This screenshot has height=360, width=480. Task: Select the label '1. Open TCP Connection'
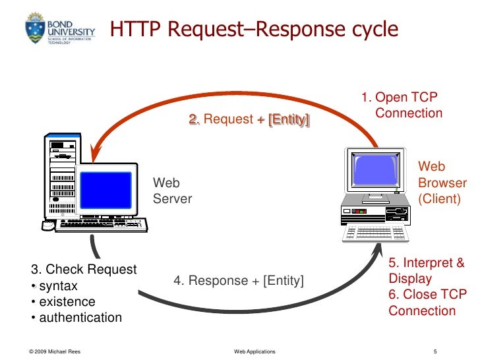click(x=402, y=105)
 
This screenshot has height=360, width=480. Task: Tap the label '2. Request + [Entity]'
click(x=249, y=119)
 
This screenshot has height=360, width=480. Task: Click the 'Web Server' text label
click(x=172, y=191)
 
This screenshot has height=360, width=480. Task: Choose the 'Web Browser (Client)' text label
click(x=442, y=183)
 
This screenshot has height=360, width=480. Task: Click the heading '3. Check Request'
click(x=84, y=269)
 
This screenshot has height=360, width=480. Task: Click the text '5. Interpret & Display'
click(x=426, y=270)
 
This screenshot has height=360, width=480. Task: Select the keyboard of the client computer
click(x=377, y=232)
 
